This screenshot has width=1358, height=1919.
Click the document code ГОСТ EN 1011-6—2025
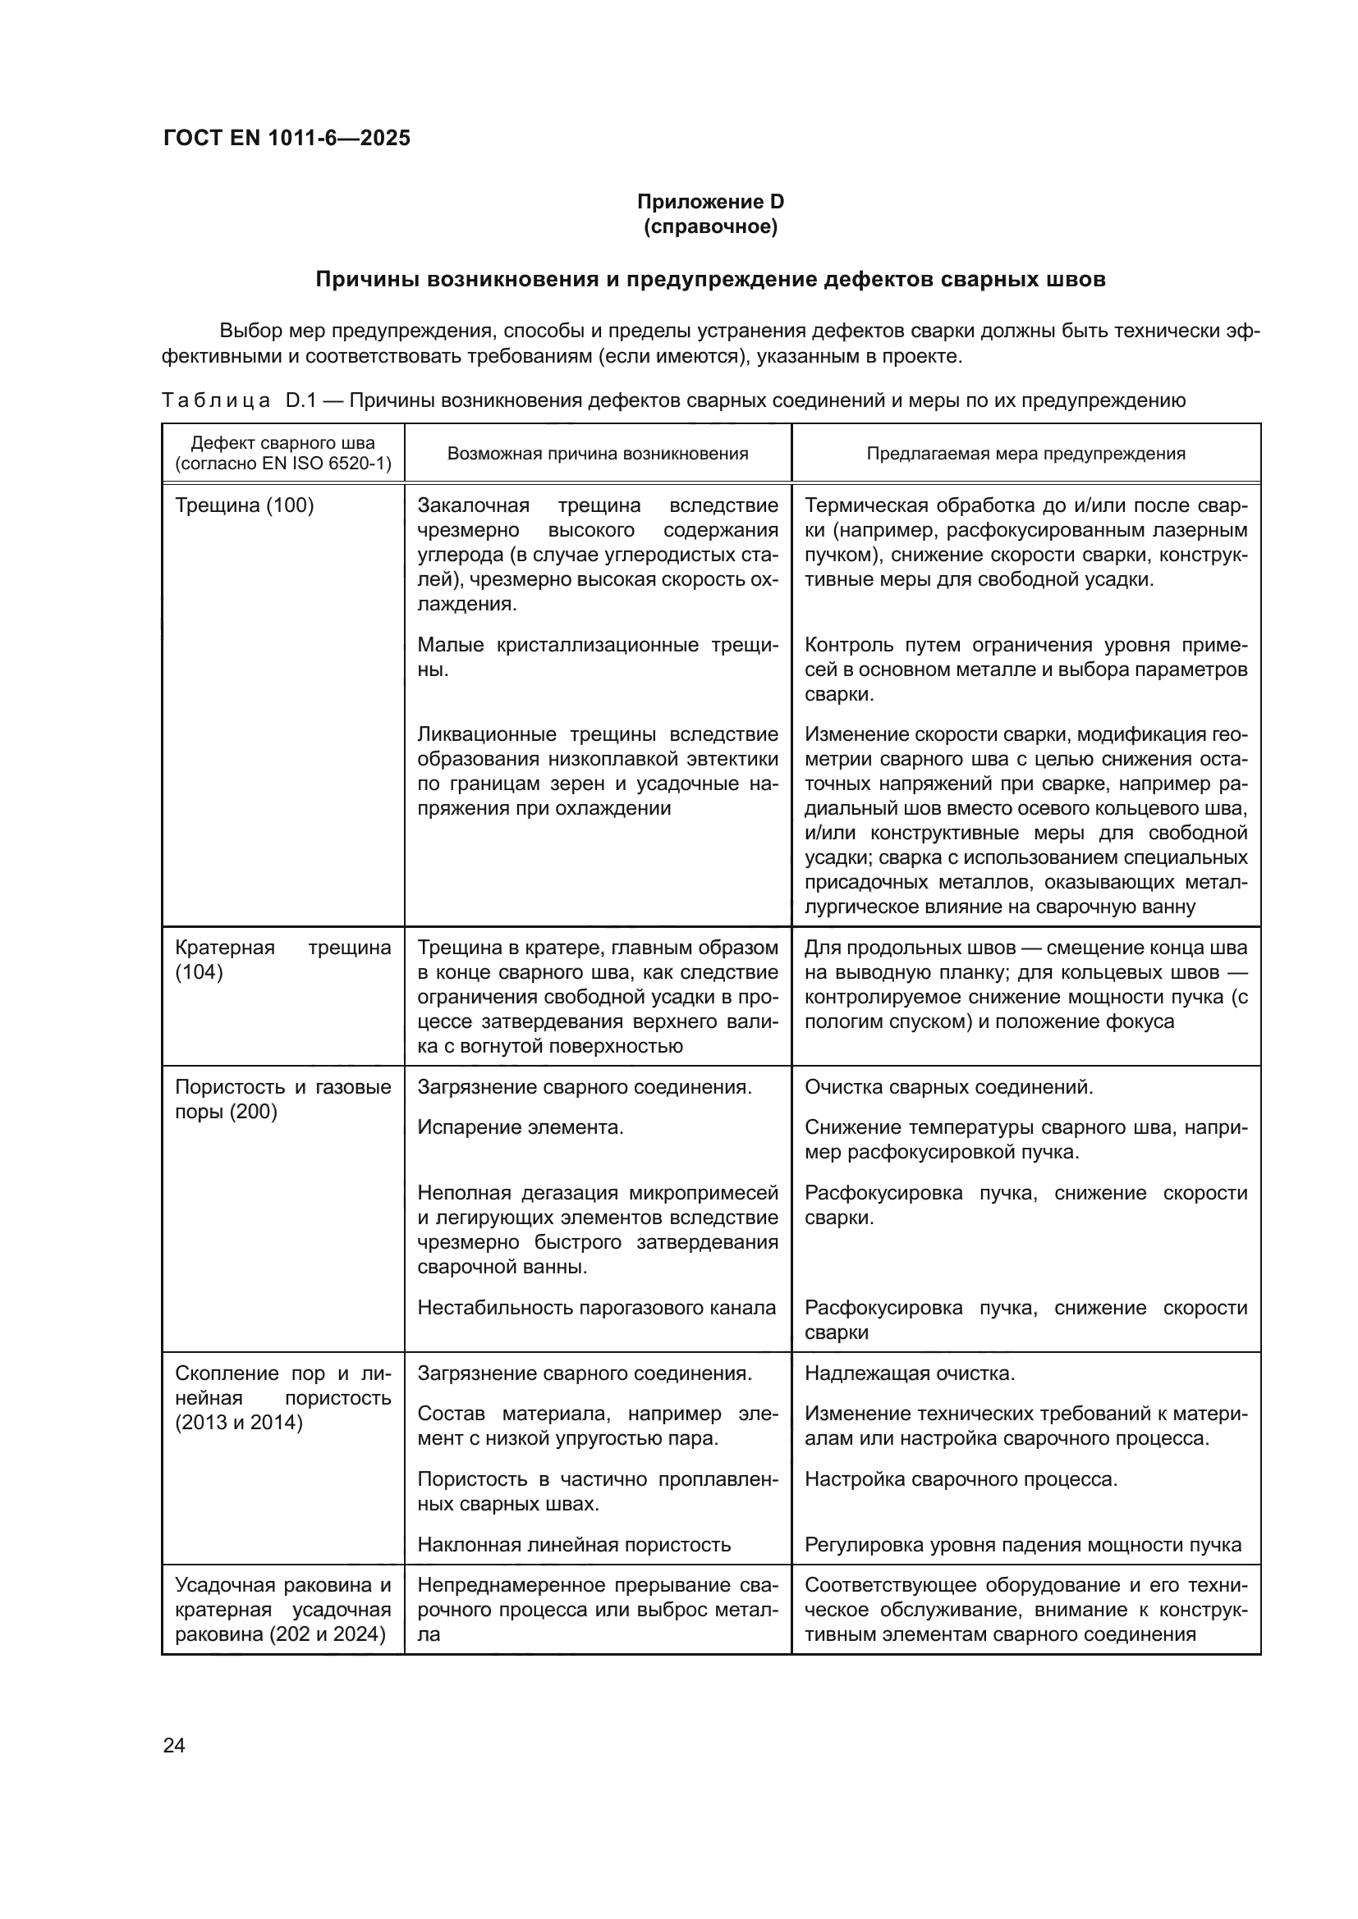click(287, 138)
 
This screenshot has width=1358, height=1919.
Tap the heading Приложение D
click(710, 202)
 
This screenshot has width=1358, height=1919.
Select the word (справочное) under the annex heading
click(710, 226)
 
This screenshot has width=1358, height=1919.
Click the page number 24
click(174, 1745)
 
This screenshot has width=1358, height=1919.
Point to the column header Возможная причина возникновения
click(597, 454)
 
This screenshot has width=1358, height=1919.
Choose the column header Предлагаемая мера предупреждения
click(1025, 454)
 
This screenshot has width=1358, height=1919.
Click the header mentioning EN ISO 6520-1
click(282, 464)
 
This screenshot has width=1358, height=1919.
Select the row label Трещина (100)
click(244, 505)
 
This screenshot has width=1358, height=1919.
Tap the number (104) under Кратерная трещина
click(199, 972)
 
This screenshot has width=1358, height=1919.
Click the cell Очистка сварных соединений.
click(948, 1087)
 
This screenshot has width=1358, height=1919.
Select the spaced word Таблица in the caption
click(216, 400)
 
